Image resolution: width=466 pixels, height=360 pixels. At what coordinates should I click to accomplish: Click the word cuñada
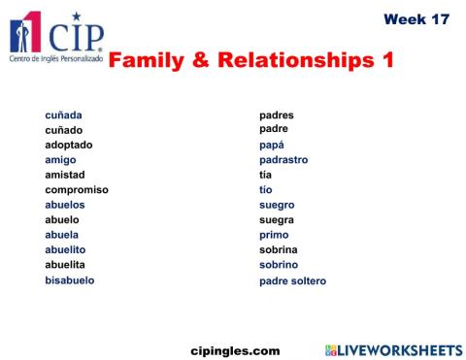[x=63, y=115]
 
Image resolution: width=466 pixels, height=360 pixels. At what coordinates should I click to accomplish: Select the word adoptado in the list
[x=69, y=145]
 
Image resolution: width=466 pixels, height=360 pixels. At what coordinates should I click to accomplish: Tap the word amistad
[x=65, y=175]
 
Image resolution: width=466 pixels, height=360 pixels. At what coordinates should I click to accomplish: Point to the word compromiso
[x=77, y=190]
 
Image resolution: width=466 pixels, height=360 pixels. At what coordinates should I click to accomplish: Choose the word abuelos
[x=65, y=205]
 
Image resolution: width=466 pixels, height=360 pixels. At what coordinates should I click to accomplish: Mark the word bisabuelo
[x=70, y=280]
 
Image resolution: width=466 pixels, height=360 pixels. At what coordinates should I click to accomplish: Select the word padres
[x=276, y=115]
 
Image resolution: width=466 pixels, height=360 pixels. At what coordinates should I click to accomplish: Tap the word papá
[x=271, y=145]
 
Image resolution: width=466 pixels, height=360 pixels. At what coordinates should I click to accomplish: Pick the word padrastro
[x=283, y=160]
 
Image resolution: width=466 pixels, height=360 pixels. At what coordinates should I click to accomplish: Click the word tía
[x=265, y=175]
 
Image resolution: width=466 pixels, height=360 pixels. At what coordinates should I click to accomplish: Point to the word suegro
[x=277, y=205]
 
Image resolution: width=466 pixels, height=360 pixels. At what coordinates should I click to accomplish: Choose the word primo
[x=274, y=235]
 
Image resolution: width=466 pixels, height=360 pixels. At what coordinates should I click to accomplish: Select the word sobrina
[x=278, y=249]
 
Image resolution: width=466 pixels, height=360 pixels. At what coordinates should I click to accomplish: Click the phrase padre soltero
[x=292, y=281]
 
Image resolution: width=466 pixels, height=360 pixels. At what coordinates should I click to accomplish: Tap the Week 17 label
[x=416, y=19]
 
